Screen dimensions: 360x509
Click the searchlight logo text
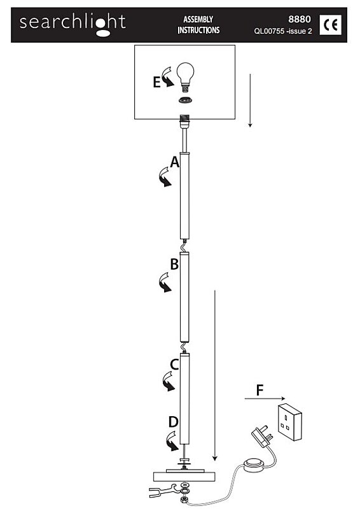(73, 24)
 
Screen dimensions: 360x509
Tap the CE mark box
(330, 25)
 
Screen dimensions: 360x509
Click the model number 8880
(300, 19)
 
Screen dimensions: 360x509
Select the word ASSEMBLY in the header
(198, 20)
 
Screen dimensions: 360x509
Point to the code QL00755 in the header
(269, 31)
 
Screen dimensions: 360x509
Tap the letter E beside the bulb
(157, 82)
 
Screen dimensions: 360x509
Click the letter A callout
(175, 162)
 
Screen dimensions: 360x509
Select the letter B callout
(174, 264)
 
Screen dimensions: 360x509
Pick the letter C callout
(174, 365)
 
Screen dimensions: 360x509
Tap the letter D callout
(174, 422)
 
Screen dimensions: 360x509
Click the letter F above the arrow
(260, 391)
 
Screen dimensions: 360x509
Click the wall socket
(290, 422)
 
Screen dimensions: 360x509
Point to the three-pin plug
(262, 436)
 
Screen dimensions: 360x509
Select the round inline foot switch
(254, 464)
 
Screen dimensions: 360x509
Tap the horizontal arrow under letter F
(265, 399)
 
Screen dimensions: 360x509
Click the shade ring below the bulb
(185, 101)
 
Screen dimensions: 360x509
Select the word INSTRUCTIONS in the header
(198, 30)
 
